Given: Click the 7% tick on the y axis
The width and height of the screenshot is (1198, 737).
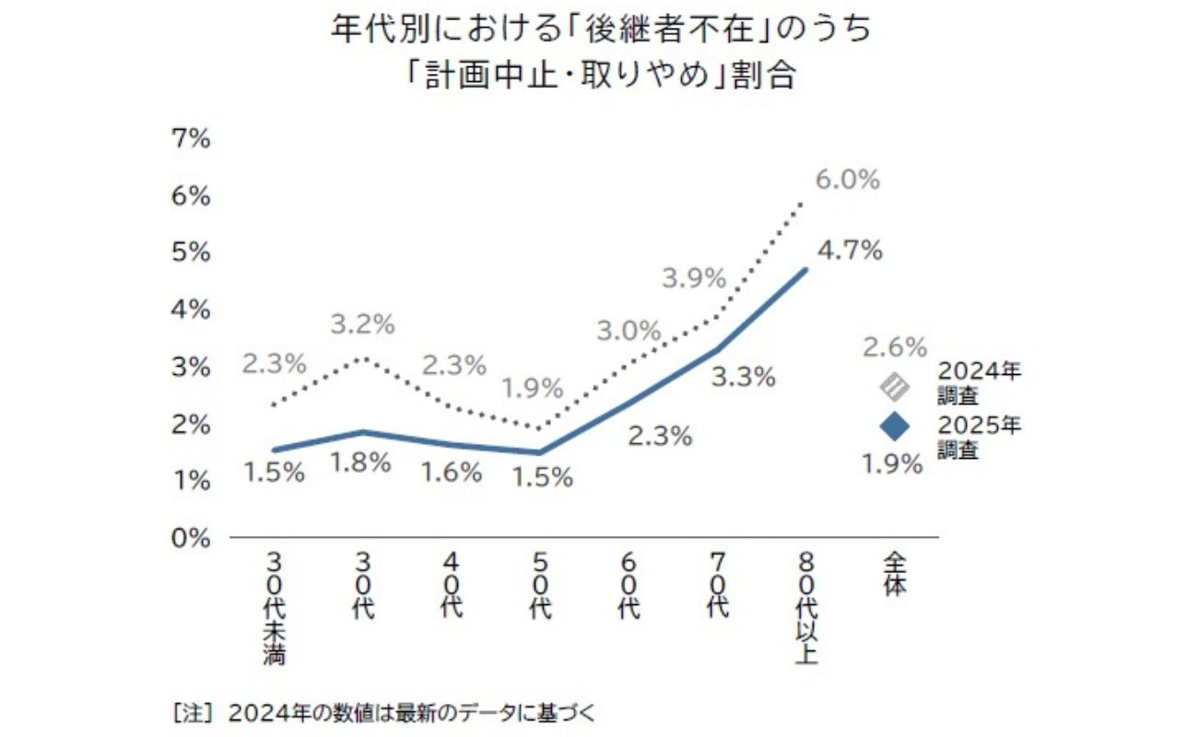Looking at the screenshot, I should pyautogui.click(x=192, y=138).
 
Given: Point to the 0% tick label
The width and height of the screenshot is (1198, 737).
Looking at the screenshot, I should pyautogui.click(x=192, y=537).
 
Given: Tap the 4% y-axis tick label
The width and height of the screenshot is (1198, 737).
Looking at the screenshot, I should pyautogui.click(x=192, y=310).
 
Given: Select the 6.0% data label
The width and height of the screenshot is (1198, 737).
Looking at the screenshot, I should pyautogui.click(x=849, y=180).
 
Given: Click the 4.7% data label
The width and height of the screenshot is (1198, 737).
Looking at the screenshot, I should pyautogui.click(x=850, y=250).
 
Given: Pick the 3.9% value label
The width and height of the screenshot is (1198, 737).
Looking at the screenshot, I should pyautogui.click(x=694, y=278).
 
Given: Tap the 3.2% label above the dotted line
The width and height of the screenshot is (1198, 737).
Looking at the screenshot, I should pyautogui.click(x=363, y=324).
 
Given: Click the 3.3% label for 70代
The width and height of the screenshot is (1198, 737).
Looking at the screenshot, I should pyautogui.click(x=743, y=377).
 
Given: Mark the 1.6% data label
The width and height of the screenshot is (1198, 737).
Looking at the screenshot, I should pyautogui.click(x=451, y=473).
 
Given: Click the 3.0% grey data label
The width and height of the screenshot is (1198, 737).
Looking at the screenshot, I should pyautogui.click(x=630, y=330).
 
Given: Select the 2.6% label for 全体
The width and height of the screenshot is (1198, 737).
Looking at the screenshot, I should pyautogui.click(x=895, y=347).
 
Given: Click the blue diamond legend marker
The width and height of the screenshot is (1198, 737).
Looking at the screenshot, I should pyautogui.click(x=895, y=427).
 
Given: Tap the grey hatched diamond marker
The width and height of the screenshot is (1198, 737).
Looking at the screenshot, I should pyautogui.click(x=895, y=387).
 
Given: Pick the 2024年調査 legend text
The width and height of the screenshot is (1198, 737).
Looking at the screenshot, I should pyautogui.click(x=979, y=383).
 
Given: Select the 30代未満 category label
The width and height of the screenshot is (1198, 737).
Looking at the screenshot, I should pyautogui.click(x=274, y=608).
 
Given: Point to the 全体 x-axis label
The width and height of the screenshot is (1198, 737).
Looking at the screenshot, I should pyautogui.click(x=894, y=574).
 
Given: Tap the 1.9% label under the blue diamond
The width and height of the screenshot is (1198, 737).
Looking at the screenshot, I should pyautogui.click(x=892, y=464).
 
